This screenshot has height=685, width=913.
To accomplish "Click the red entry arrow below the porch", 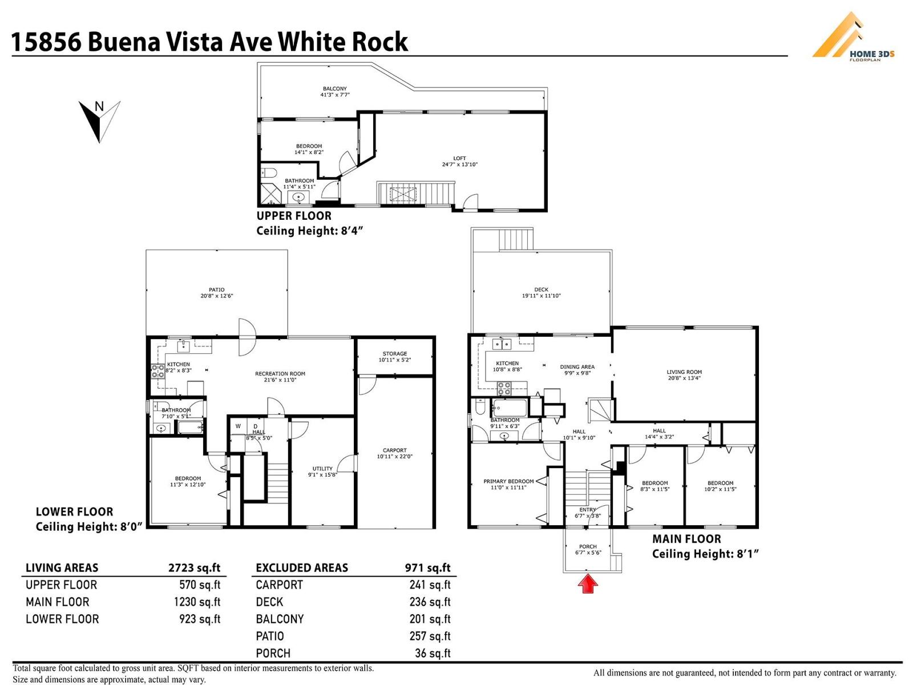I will click(x=588, y=585).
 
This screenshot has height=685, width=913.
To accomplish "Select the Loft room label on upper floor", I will click(x=459, y=158).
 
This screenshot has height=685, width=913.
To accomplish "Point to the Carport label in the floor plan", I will click(x=394, y=450).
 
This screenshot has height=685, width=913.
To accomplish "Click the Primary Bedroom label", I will click(x=508, y=481).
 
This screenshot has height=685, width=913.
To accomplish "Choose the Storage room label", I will click(x=394, y=353).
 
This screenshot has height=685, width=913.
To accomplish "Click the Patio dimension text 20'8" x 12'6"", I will click(x=216, y=296).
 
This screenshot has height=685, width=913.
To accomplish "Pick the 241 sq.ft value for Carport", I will click(x=429, y=585).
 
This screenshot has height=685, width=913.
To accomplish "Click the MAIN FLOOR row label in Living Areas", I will click(x=57, y=602).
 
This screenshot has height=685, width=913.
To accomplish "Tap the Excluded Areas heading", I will click(x=301, y=567).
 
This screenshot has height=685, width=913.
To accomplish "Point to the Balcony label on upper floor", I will click(x=334, y=88).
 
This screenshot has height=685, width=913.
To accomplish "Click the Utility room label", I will click(x=322, y=468).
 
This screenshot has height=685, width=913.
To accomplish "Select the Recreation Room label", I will click(x=280, y=374).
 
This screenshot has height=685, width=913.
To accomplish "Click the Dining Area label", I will click(x=577, y=367).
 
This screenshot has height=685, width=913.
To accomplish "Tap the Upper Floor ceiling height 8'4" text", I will click(x=310, y=231).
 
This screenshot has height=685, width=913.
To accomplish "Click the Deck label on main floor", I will click(x=541, y=289).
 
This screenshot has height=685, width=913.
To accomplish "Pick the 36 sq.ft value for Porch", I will click(x=432, y=653).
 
